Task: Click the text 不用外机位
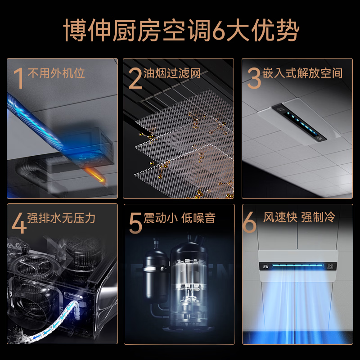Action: tap(56, 73)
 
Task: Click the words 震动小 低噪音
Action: tap(179, 219)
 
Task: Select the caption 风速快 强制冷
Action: tap(299, 218)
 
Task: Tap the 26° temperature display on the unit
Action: tap(265, 266)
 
